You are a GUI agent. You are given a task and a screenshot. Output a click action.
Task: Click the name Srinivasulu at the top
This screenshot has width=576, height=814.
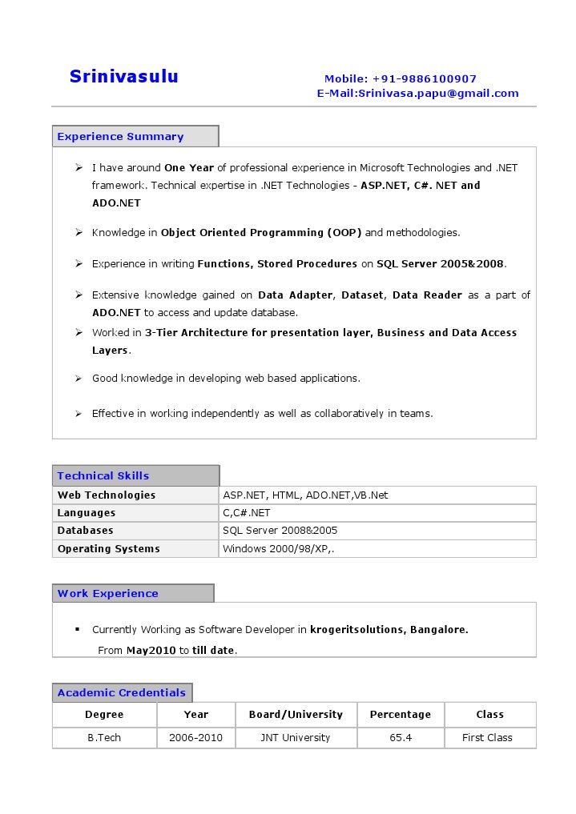[123, 77]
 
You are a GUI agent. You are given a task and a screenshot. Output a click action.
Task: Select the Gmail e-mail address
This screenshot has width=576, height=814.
[438, 94]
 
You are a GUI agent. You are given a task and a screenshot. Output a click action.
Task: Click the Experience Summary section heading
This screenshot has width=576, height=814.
[120, 137]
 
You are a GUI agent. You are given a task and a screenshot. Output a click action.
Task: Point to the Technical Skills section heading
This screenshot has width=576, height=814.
[103, 476]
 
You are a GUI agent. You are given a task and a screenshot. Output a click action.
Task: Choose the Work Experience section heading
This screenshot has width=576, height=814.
[108, 594]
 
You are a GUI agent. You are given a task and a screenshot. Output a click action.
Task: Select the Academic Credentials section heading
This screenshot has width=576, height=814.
[122, 693]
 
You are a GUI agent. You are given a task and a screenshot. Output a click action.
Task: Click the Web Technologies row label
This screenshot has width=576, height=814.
[107, 495]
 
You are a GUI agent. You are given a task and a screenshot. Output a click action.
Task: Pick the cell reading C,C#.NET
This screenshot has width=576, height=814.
[247, 513]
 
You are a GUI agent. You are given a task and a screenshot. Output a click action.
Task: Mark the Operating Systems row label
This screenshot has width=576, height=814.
[108, 549]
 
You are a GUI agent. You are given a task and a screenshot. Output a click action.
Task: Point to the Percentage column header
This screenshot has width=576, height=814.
[400, 715]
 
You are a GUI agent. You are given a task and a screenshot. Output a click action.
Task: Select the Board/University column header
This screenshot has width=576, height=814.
[296, 715]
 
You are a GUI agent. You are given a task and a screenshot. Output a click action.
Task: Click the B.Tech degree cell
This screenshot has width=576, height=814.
[104, 738]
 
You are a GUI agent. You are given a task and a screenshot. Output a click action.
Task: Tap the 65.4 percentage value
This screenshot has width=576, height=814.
[401, 738]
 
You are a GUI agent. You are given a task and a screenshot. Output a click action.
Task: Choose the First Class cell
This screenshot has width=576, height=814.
[487, 738]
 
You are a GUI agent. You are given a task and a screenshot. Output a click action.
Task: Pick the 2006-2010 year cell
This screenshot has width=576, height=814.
[195, 738]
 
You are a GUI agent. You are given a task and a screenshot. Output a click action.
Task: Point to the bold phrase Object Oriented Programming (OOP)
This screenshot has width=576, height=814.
[261, 233]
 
